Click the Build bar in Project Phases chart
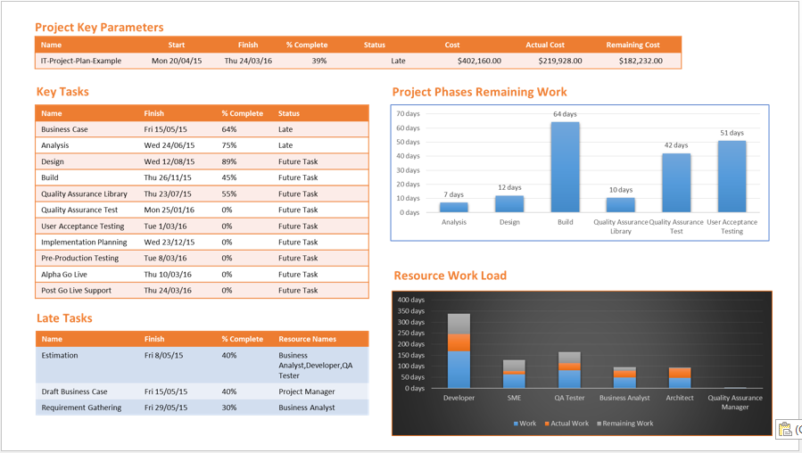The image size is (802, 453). tap(565, 168)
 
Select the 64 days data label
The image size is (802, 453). tap(565, 114)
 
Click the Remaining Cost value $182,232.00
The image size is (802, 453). tap(634, 62)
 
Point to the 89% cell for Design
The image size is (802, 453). tap(229, 162)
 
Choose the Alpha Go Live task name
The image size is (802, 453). tap(64, 275)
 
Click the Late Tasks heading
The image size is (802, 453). tap(64, 318)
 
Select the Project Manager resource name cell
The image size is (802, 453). tap(307, 391)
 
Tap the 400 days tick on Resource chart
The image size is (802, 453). tap(411, 301)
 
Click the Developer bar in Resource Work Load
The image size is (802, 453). tap(459, 351)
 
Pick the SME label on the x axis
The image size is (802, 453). tap(514, 398)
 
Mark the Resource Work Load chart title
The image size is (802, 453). tap(450, 276)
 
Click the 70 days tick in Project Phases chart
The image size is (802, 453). tap(408, 114)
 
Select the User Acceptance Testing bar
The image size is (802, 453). tap(732, 177)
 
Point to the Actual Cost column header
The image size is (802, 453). tap(544, 45)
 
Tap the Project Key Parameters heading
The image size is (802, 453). tap(99, 28)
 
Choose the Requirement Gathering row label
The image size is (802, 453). tap(79, 408)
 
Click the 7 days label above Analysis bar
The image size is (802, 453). tap(453, 194)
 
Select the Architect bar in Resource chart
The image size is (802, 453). tap(680, 377)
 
